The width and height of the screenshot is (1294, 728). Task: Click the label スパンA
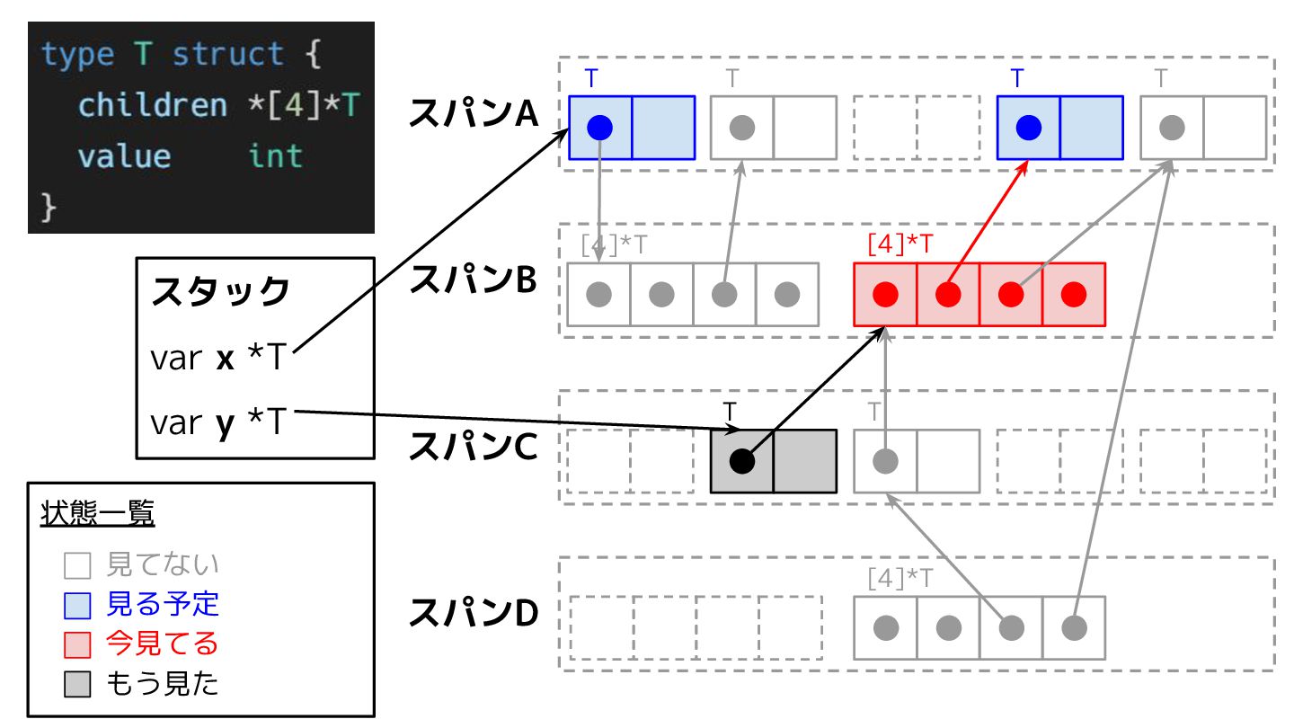474,113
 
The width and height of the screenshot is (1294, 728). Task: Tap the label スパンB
474,280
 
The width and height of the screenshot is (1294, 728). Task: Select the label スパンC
474,447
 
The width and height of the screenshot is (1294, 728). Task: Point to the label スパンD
474,613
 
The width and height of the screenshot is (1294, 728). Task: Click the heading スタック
221,292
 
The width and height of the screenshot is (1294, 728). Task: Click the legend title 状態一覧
97,514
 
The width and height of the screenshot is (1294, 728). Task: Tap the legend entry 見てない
163,564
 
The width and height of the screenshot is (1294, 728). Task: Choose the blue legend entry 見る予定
163,604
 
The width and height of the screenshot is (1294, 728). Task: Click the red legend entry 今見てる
163,644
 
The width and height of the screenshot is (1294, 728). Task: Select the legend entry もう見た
163,684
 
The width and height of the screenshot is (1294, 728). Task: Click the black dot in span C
741,461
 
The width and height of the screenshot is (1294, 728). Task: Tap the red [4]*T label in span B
900,243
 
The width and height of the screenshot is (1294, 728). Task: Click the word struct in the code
228,55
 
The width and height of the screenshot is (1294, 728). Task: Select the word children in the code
153,105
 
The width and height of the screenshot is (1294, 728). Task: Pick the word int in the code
275,156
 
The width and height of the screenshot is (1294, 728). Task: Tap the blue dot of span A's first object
599,128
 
